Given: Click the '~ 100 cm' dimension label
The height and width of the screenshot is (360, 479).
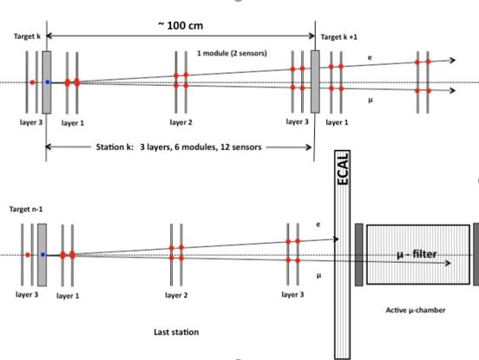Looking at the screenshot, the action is tap(180, 25).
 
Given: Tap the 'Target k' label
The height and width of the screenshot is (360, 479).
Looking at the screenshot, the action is tap(27, 36).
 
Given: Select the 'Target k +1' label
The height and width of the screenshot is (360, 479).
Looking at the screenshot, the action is tap(338, 37).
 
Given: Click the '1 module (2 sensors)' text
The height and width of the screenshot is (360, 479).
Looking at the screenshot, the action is tap(232, 53).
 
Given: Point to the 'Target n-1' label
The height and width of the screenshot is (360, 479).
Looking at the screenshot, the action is tap(26, 209).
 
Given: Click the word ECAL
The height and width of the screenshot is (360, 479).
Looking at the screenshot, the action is tap(343, 168).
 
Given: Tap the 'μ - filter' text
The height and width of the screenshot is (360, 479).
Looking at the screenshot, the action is tap(417, 254).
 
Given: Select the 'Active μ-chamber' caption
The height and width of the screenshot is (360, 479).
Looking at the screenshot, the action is tap(416, 311).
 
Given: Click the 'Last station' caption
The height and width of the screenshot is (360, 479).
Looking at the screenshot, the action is tap(176, 332).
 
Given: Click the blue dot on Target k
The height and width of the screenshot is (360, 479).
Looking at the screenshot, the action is tap(48, 82).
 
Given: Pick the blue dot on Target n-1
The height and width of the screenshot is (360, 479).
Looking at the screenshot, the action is tap(43, 255).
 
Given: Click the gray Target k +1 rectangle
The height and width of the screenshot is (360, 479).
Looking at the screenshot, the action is tap(315, 82).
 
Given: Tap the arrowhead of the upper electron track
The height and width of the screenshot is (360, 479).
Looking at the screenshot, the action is tap(453, 60).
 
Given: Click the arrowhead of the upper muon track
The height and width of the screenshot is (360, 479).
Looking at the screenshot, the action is tap(453, 90).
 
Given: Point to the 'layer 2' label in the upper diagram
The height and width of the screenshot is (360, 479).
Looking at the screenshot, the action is tap(180, 122).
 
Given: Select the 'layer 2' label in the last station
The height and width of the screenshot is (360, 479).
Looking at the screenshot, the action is tap(176, 295).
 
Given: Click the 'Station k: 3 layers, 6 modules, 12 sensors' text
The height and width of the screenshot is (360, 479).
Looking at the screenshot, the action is tap(179, 147).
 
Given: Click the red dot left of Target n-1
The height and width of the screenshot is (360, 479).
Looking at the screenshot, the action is tap(28, 255).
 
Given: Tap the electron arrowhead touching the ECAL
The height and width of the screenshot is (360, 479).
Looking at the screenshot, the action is tap(337, 239).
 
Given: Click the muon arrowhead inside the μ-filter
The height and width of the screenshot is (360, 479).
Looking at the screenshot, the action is tap(448, 263).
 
